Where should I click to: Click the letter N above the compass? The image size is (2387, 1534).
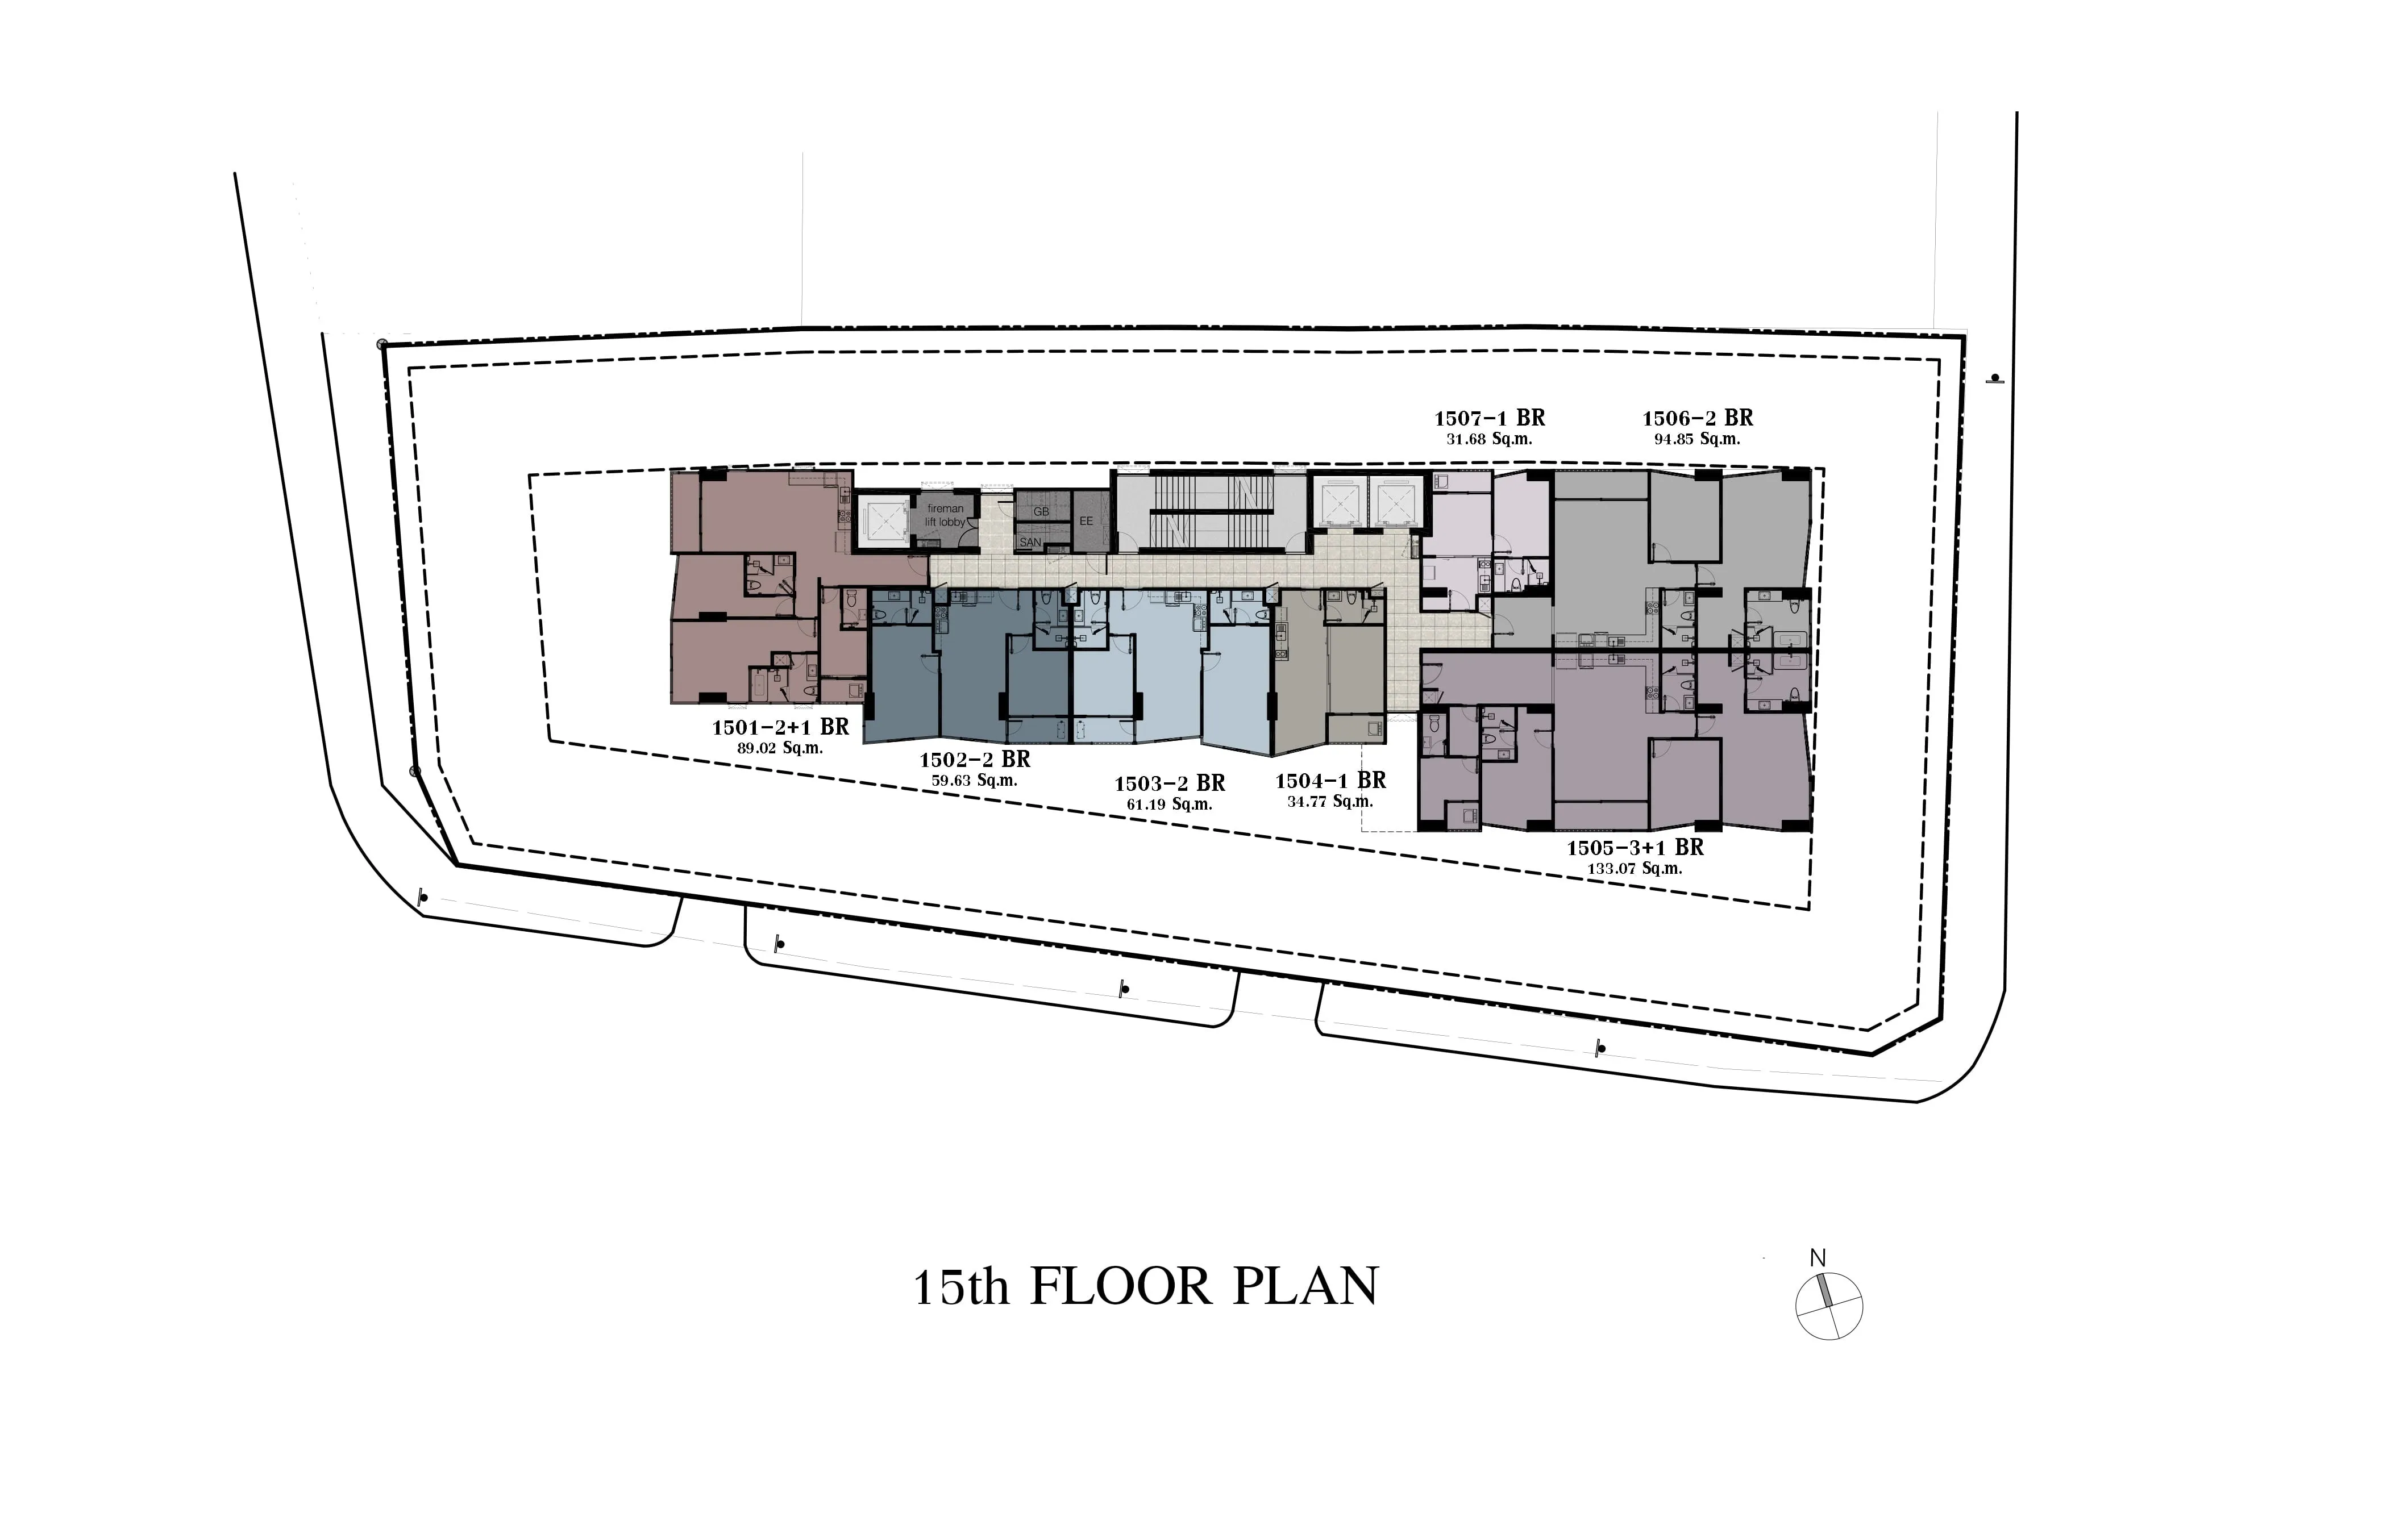(1817, 1258)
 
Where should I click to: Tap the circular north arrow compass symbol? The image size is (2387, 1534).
(1829, 1306)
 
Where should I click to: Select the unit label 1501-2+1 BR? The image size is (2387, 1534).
(780, 727)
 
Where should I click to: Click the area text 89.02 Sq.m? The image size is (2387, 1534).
(780, 748)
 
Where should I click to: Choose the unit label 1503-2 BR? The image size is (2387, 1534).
(1170, 784)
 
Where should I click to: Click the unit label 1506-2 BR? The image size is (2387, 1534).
(1698, 418)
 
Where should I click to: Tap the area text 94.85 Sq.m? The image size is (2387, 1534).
(1698, 439)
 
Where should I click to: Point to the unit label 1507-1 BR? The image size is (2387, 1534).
(1490, 418)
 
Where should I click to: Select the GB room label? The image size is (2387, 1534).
(1041, 511)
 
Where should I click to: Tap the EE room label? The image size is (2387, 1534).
(1086, 521)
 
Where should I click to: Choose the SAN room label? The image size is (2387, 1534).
(1030, 543)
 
